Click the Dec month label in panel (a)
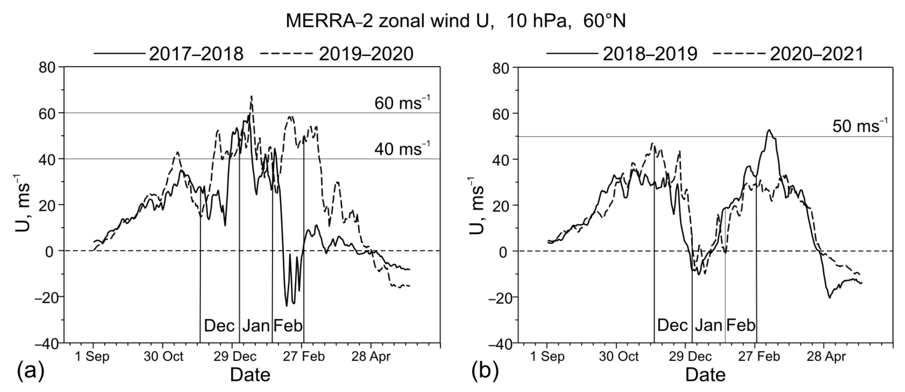tap(219, 326)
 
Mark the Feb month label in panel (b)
tap(740, 326)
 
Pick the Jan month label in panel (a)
tap(256, 326)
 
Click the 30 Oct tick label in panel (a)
tap(163, 357)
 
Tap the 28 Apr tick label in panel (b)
tap(826, 357)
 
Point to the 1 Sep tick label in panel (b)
tap(547, 357)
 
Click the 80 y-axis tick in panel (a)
tap(47, 67)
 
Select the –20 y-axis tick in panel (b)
tap(500, 297)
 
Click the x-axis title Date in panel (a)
tap(250, 375)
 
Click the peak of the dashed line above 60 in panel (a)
tap(251, 96)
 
